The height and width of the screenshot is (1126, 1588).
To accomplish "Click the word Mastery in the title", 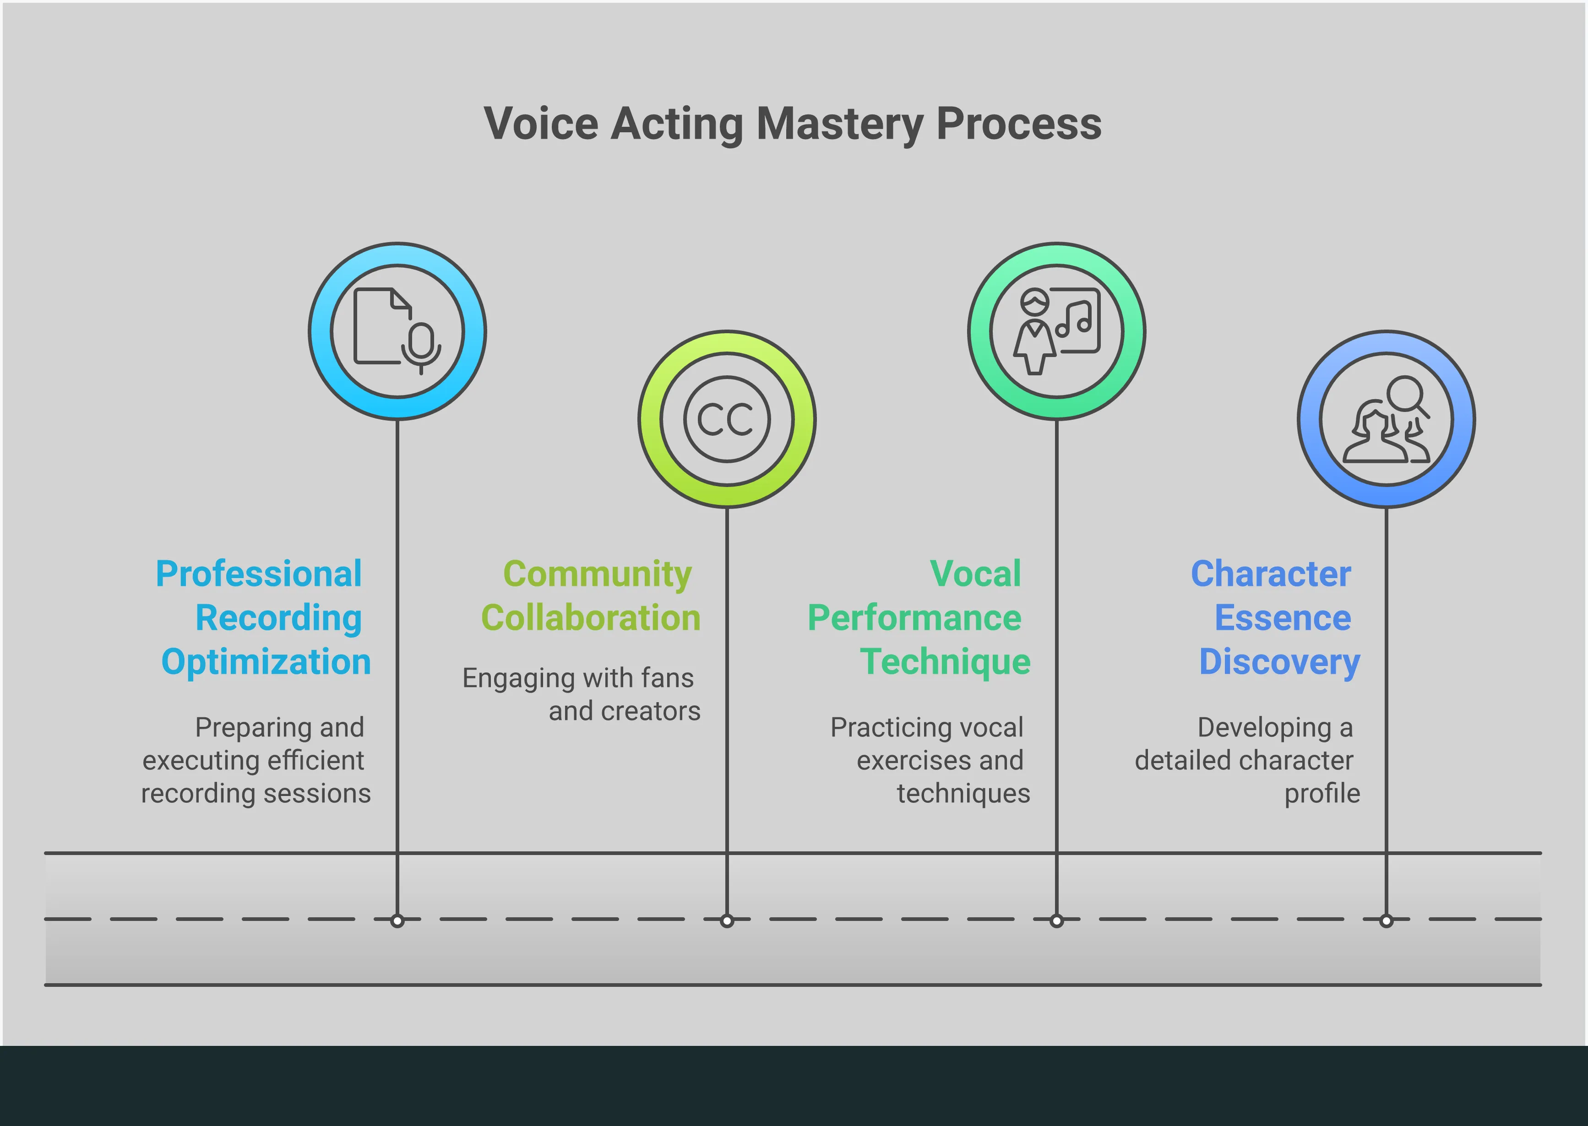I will pos(839,125).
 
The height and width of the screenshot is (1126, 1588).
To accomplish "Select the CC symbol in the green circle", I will pos(726,419).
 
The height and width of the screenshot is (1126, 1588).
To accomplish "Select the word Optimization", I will pos(266,662).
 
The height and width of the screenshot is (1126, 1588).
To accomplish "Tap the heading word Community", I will pos(597,574).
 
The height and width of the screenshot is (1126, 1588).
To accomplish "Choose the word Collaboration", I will pos(591,618).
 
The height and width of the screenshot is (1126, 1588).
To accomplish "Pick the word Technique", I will pos(945,662).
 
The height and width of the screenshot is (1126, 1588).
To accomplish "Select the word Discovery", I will pos(1279,662).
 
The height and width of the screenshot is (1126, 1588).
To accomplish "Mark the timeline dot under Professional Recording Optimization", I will pos(397,921).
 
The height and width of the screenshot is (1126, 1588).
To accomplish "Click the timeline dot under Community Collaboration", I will pos(727,921).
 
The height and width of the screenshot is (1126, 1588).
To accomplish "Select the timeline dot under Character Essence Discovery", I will pos(1386,921).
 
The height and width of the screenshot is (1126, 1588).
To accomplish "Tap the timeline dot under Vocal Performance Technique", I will pos(1056,921).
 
